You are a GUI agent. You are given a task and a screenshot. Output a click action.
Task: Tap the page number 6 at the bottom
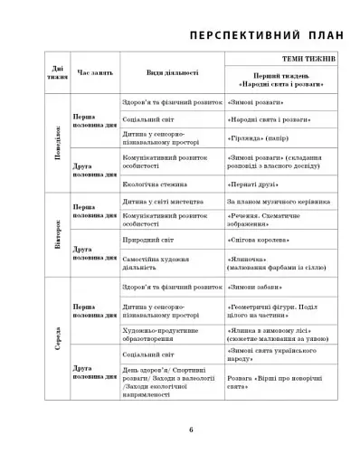pyautogui.click(x=191, y=429)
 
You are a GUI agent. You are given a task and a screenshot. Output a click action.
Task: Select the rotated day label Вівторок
pyautogui.click(x=59, y=235)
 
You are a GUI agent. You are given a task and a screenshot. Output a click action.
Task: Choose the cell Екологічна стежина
pyautogui.click(x=156, y=183)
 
